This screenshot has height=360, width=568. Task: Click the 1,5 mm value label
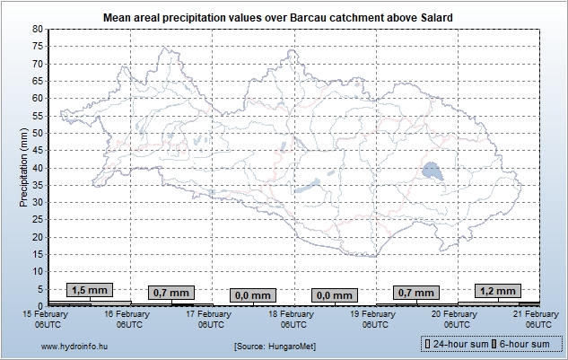click(90, 290)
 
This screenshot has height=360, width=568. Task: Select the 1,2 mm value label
click(499, 290)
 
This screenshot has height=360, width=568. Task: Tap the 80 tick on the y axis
click(38, 30)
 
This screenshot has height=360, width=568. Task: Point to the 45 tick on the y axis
click(38, 151)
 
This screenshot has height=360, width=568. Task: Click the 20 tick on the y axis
click(38, 237)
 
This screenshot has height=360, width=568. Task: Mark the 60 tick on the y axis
click(38, 99)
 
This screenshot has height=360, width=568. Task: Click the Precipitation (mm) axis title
click(24, 167)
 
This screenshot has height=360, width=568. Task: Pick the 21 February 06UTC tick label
click(537, 319)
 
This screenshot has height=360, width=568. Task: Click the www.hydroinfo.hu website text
click(75, 345)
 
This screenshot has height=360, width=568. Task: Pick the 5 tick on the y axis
click(40, 289)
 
